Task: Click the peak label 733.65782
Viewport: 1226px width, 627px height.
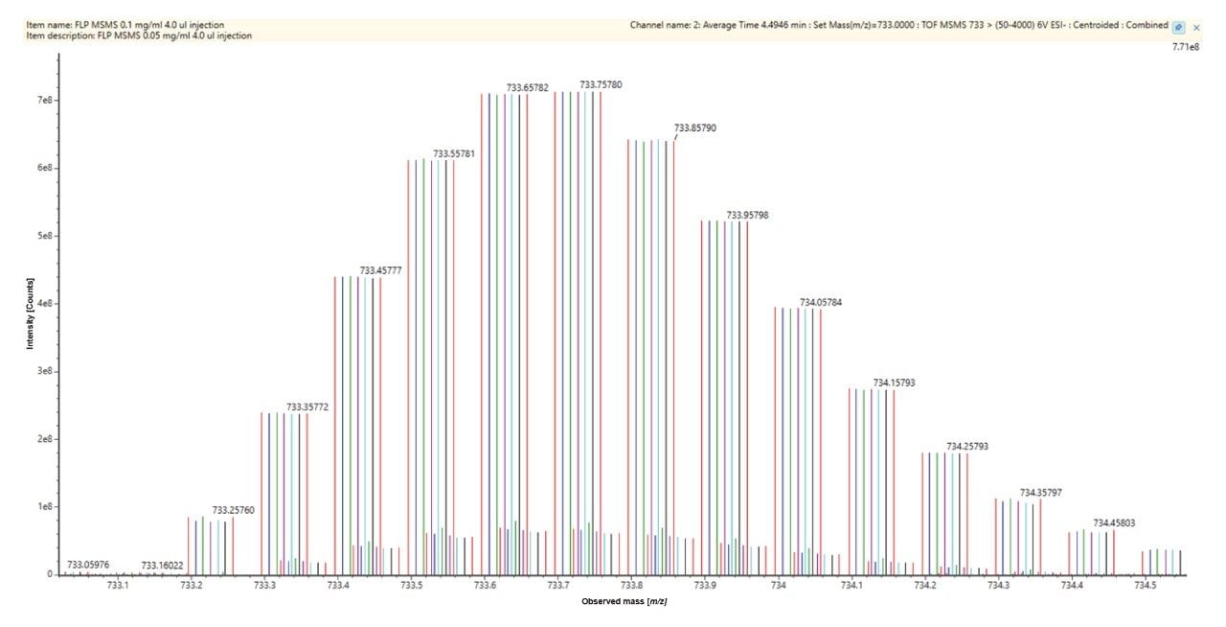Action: point(528,87)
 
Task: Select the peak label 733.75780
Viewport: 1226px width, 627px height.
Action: point(601,84)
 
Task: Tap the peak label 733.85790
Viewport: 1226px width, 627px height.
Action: point(696,128)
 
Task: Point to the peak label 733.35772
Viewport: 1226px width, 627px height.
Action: point(307,406)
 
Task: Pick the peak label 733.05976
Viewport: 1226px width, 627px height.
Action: point(88,565)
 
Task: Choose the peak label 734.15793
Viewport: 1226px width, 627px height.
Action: point(894,383)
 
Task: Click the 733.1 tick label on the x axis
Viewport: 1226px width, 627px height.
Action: point(118,585)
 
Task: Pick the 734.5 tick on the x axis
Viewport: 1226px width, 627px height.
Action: point(1145,585)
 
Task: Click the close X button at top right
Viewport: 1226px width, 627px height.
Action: point(1196,28)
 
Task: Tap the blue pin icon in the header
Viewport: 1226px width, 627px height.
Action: point(1178,28)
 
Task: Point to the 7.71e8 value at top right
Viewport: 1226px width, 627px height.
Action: point(1185,46)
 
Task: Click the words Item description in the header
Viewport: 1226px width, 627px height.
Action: point(50,36)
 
